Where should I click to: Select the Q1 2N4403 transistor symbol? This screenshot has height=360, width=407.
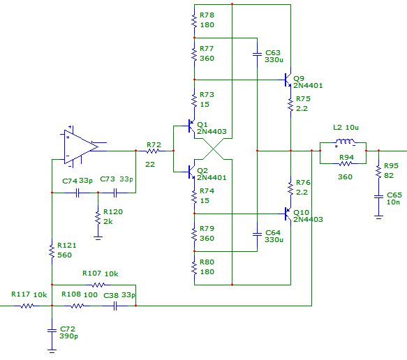click(x=191, y=126)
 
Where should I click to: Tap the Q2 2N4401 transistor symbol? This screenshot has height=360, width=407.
click(x=191, y=172)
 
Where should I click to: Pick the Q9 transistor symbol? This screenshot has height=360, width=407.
click(x=288, y=80)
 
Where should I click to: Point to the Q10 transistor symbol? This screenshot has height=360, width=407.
click(x=288, y=213)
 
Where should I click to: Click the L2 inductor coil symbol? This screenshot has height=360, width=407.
click(x=346, y=142)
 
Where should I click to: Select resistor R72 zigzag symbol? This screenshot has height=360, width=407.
click(x=152, y=151)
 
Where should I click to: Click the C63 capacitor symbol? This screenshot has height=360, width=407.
click(x=257, y=54)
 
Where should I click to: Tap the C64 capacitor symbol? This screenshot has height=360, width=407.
click(x=257, y=234)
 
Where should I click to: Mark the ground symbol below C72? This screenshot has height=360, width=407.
click(x=52, y=351)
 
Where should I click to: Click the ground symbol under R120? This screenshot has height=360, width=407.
click(x=98, y=238)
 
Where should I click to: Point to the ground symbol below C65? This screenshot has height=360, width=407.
click(x=378, y=217)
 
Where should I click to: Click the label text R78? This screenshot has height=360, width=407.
click(x=207, y=15)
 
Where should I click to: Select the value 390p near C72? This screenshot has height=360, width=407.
click(x=69, y=336)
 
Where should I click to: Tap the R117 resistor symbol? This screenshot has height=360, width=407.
click(x=27, y=306)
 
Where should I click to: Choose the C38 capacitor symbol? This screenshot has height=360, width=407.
click(x=115, y=306)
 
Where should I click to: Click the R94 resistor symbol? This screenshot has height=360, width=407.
click(x=346, y=164)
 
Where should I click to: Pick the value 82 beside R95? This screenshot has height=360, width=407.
click(x=389, y=176)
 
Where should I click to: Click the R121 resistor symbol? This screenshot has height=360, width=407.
click(x=52, y=251)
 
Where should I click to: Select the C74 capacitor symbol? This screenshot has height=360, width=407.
click(x=77, y=193)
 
